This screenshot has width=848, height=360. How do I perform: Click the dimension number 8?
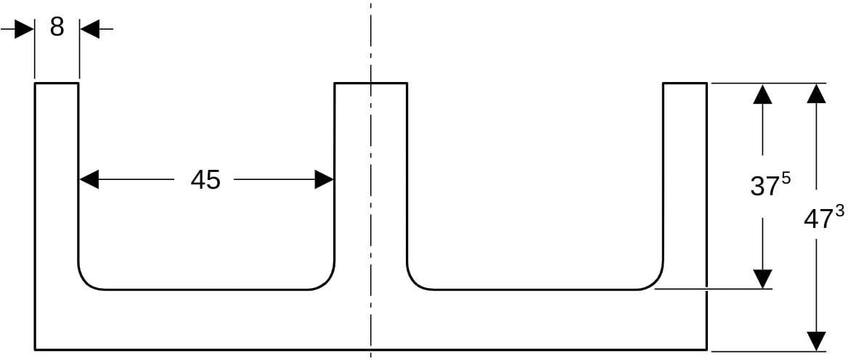point(57,27)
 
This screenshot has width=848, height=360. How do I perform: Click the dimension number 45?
point(205,179)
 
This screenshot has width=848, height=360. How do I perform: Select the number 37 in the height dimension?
point(765,187)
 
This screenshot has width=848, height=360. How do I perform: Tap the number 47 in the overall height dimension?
point(818,220)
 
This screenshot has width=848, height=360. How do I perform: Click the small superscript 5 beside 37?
point(786,179)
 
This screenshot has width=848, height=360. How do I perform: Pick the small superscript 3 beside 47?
point(839,211)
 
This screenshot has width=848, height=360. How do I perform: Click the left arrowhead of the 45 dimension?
point(89,179)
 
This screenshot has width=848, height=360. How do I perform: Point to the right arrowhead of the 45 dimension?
point(324,179)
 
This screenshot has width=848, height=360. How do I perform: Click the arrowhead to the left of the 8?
point(25,29)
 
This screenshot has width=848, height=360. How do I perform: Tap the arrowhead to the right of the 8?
point(90,29)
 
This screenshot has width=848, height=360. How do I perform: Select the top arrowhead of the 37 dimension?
point(762,94)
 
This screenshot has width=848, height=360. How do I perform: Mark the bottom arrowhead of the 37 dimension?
point(762,279)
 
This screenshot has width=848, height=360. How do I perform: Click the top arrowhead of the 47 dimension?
point(816,94)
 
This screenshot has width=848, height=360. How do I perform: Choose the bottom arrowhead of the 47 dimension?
point(816,340)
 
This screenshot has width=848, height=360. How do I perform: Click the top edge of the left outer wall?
point(57,83)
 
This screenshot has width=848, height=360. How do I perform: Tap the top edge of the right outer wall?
point(685,83)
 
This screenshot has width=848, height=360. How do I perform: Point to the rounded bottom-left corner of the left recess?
point(86,282)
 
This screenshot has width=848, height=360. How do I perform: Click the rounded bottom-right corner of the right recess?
point(655,282)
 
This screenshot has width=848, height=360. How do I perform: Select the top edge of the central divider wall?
point(370,83)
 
